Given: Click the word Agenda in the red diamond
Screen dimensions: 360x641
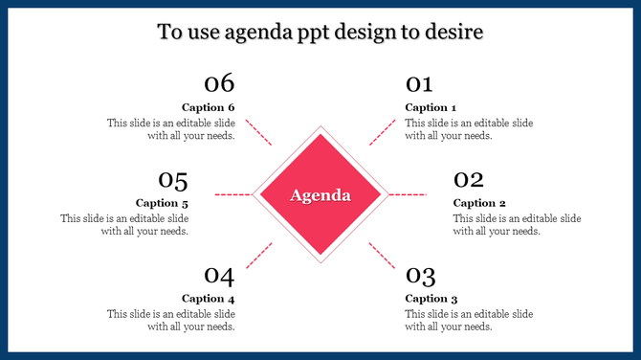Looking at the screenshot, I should coord(320,195).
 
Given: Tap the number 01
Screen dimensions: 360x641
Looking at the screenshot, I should coord(419,83).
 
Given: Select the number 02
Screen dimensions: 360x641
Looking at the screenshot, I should coord(468,179).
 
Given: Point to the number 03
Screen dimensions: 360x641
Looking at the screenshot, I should coord(420,276).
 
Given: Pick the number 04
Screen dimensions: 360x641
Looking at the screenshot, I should coord(219,276).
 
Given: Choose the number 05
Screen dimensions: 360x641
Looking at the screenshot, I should coord(172,179).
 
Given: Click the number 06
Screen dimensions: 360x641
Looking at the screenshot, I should coord(219,83).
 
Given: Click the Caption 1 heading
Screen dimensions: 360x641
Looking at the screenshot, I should coord(431,107).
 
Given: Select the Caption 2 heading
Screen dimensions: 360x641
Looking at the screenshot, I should coord(479,203).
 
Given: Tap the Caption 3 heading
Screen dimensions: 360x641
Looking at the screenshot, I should coord(431,299).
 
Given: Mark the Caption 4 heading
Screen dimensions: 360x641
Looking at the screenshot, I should coord(208,299).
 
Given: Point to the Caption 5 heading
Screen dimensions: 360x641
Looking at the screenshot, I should coord(162,203).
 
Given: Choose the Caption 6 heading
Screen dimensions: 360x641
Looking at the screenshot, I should coord(208,107).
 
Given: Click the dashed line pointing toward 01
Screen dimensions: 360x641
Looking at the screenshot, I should coord(382,132).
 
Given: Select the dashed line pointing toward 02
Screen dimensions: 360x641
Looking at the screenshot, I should coord(408,194).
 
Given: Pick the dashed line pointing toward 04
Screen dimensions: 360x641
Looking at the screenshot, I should coord(259,256).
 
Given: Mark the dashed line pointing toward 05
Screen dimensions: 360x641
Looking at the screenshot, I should coord(233,194).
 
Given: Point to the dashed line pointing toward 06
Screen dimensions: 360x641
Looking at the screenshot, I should coord(259,132).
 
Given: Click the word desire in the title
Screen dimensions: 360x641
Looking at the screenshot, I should coord(453,33).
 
